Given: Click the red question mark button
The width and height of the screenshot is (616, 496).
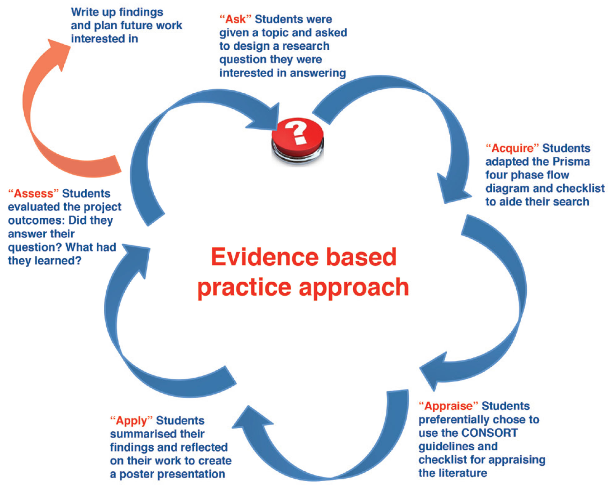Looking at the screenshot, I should [297, 141].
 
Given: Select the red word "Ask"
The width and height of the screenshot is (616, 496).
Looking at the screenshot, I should [236, 19].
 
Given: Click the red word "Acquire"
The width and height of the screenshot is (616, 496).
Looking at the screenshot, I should [512, 148].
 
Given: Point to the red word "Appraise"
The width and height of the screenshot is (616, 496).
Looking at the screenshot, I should [448, 406].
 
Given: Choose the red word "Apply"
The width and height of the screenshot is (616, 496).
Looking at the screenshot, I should [131, 421].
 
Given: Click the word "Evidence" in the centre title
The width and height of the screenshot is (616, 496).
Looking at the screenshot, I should [264, 257].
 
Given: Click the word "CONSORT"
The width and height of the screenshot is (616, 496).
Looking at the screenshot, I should [489, 433].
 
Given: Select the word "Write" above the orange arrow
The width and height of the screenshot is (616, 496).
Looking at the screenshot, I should [85, 12].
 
